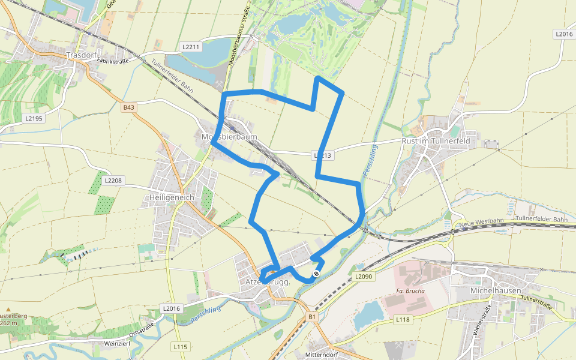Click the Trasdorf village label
point(82,55)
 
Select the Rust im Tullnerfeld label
point(443,141)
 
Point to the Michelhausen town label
point(494,290)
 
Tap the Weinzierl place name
point(117,343)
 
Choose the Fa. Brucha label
point(410,291)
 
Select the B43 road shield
point(129,107)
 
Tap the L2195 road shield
point(34,118)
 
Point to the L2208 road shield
point(113,180)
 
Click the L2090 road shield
point(363,277)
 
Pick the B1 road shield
point(312,316)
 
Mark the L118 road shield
point(402,320)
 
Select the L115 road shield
point(181,347)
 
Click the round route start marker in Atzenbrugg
point(316,274)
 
